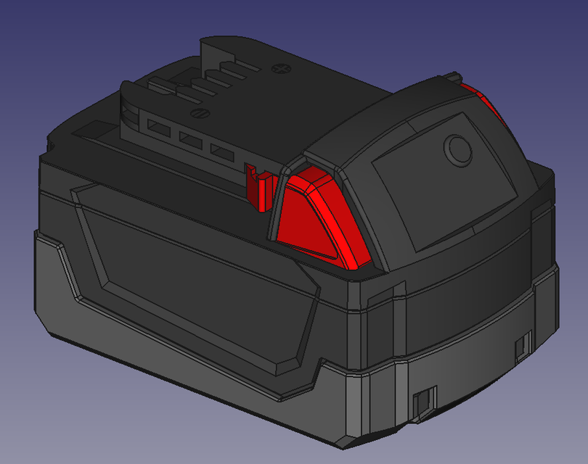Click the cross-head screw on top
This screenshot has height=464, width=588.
tap(279, 69)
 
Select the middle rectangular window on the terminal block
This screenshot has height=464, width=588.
tap(188, 138)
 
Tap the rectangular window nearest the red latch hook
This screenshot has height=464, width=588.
tap(219, 150)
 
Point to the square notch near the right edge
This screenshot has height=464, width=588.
tap(523, 348)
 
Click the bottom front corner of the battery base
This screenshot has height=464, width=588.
tap(341, 439)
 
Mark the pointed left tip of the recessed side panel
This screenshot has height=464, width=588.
tap(73, 192)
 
